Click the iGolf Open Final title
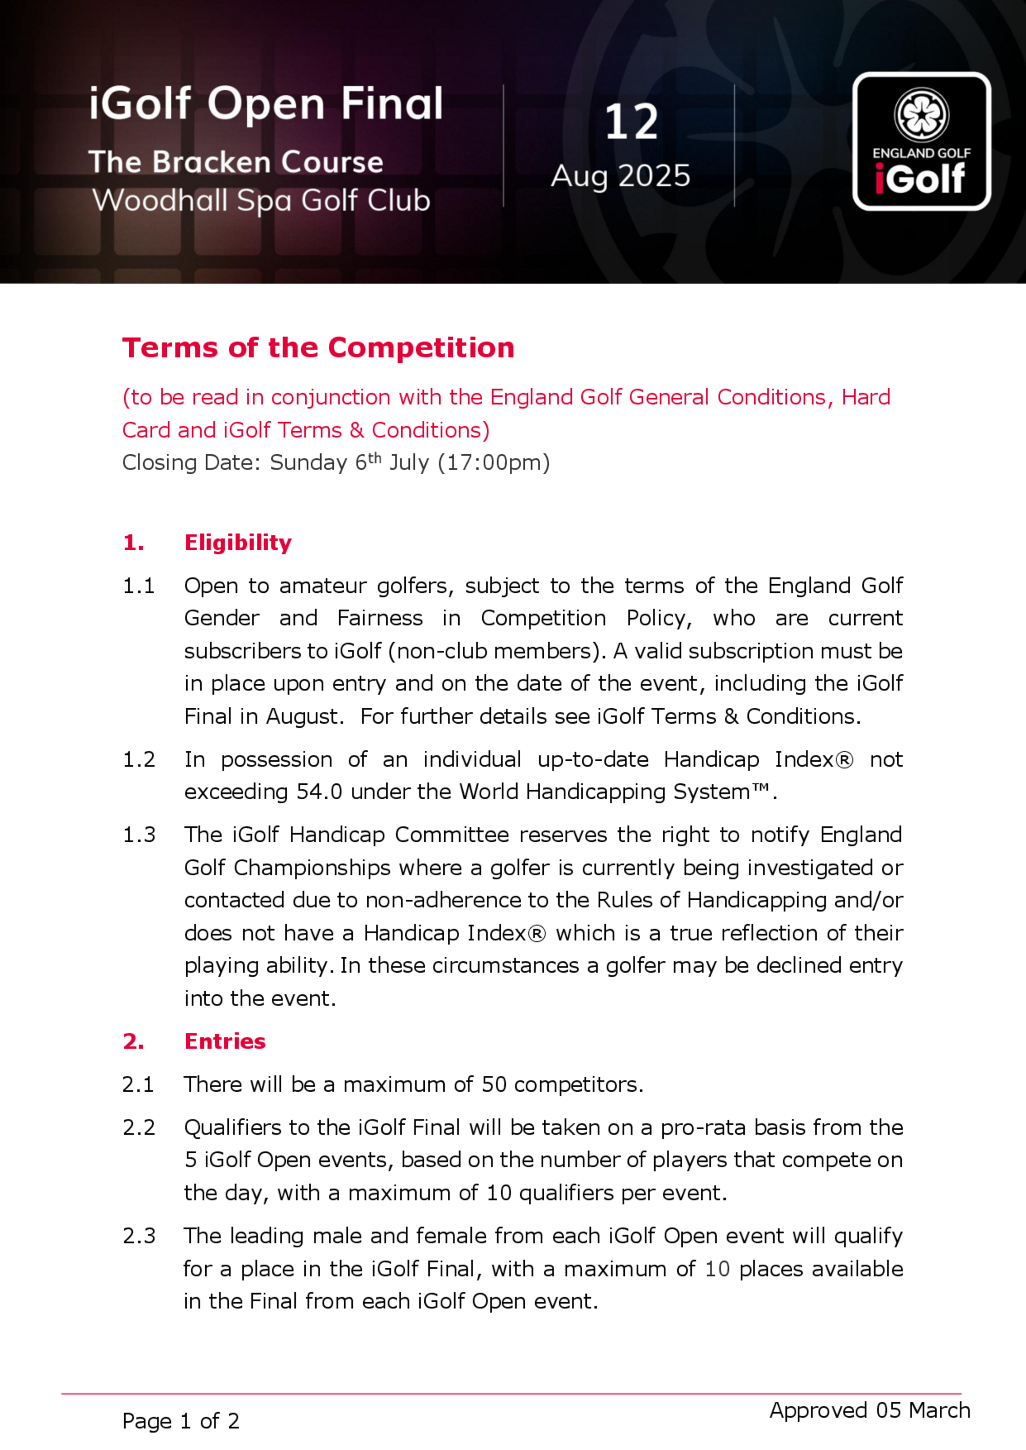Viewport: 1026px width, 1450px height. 265,104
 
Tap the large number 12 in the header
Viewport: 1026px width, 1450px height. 631,122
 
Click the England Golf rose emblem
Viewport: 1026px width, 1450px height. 921,115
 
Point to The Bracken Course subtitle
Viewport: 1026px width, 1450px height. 235,162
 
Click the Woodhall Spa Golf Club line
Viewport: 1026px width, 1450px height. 262,201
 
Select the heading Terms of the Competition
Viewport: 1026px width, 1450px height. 319,349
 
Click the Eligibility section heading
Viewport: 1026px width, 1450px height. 238,543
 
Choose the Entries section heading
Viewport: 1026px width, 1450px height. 225,1041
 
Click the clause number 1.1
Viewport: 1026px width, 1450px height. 139,586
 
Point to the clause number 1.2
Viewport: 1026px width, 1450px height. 139,759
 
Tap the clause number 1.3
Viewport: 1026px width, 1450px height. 139,835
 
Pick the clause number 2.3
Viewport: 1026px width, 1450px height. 139,1236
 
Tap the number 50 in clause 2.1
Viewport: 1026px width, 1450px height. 494,1085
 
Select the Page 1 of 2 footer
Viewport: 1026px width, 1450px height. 181,1421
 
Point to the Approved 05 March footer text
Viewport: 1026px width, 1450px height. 870,1410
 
